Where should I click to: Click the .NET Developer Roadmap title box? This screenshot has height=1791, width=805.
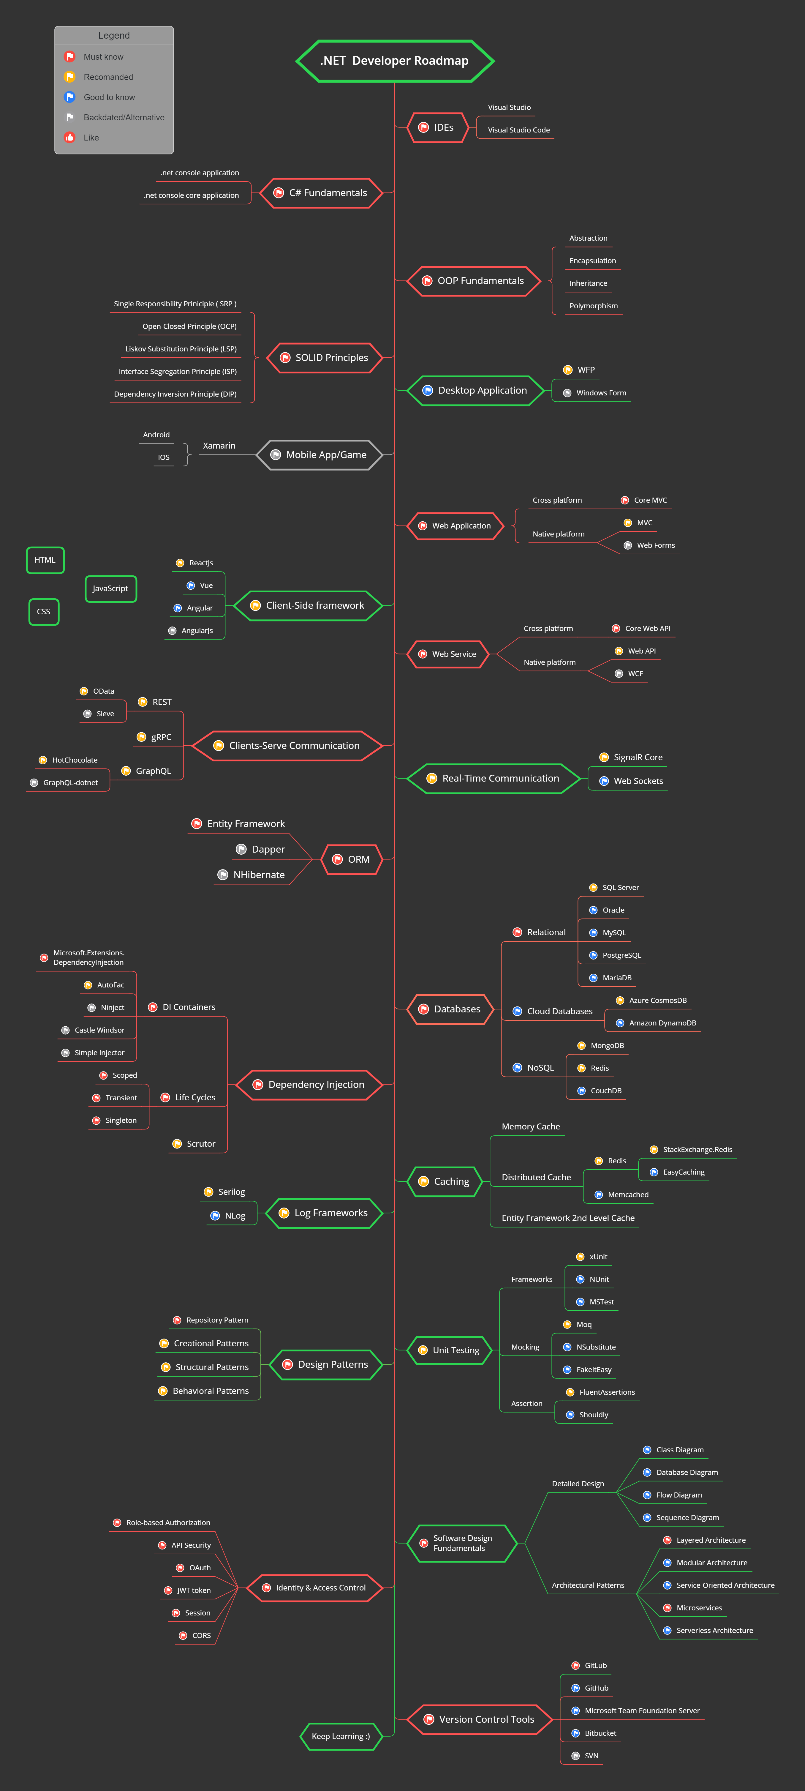[x=394, y=61]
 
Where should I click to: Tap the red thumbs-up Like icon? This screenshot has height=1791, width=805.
[x=69, y=138]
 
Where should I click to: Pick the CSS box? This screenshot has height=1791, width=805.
[x=44, y=612]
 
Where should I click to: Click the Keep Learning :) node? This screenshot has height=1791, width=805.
[x=341, y=1736]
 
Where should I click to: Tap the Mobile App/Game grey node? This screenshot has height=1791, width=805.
[x=320, y=455]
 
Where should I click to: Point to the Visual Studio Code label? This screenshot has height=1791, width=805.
[x=518, y=130]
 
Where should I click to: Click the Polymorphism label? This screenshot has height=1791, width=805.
[x=593, y=306]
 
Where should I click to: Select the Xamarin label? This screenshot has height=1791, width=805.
[x=219, y=446]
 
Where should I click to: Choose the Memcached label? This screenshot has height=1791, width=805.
[x=628, y=1194]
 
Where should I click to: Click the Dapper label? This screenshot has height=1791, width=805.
[x=268, y=850]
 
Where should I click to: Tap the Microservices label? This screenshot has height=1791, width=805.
[x=699, y=1607]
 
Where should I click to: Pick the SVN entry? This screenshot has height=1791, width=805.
[x=591, y=1756]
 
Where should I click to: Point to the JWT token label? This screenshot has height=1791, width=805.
[x=193, y=1590]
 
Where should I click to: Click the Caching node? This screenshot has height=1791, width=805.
[x=445, y=1181]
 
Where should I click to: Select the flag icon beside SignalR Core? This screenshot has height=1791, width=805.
[x=604, y=757]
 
